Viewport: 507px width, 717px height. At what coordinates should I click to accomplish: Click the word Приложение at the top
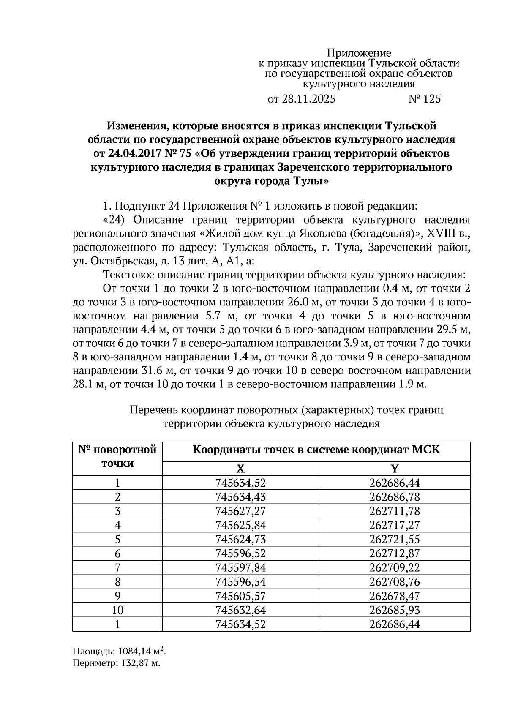(359, 53)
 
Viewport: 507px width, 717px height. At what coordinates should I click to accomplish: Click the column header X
(240, 469)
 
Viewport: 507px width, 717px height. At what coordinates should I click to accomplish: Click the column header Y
(394, 469)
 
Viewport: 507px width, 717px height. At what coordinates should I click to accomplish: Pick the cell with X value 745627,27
(240, 511)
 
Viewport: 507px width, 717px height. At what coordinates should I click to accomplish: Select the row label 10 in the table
(117, 610)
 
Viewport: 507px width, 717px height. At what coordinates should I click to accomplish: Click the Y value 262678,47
(394, 596)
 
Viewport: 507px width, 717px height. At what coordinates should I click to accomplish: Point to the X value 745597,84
(240, 567)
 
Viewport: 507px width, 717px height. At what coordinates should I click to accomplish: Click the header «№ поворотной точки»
(117, 456)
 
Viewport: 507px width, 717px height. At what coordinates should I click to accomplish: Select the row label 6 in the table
(117, 553)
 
